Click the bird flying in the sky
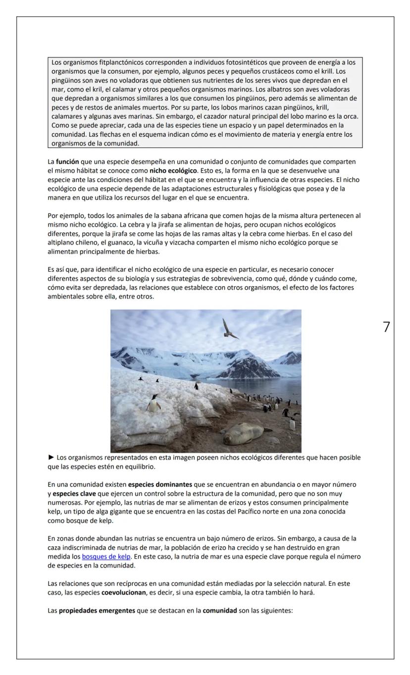(x=229, y=329)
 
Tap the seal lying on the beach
(x=243, y=433)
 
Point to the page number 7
(x=386, y=327)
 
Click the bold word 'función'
(x=67, y=161)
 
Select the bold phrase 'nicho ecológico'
(x=173, y=169)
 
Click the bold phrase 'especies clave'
(x=71, y=492)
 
